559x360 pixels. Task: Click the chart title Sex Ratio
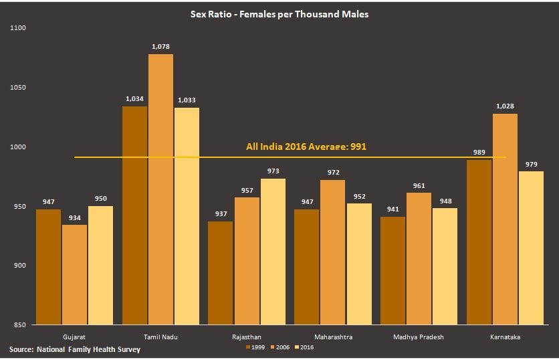[x=279, y=13]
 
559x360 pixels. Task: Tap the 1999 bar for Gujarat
[x=49, y=267]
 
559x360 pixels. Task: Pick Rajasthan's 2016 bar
[x=273, y=252]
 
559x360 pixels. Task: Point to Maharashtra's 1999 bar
[x=306, y=267]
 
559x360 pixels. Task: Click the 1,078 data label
[x=160, y=46]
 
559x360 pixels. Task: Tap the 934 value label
[x=74, y=217]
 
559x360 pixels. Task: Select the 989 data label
[x=479, y=152]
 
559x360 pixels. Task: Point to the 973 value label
[x=273, y=171]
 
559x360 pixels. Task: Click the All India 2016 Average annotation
[x=306, y=147]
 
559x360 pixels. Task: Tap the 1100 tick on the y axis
[x=17, y=28]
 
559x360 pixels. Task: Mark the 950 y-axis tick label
[x=19, y=206]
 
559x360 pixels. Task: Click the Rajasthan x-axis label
[x=247, y=337]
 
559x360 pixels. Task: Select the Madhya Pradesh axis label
[x=419, y=337]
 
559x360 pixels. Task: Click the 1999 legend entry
[x=255, y=347]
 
